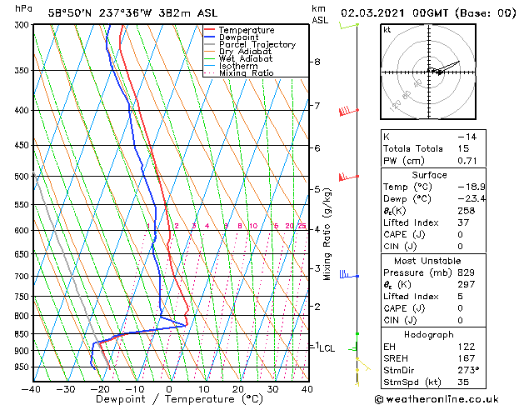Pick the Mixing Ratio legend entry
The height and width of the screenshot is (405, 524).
click(x=247, y=73)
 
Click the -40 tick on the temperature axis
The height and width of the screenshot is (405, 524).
click(x=32, y=388)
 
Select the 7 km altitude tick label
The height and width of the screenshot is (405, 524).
click(x=317, y=106)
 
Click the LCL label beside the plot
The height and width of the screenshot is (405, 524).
click(x=327, y=348)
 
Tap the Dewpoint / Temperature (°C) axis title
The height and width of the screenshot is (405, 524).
click(x=169, y=399)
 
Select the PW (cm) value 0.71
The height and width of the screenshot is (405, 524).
click(x=466, y=161)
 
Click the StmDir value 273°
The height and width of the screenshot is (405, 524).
click(x=467, y=371)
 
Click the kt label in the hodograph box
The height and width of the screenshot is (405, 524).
click(x=387, y=29)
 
